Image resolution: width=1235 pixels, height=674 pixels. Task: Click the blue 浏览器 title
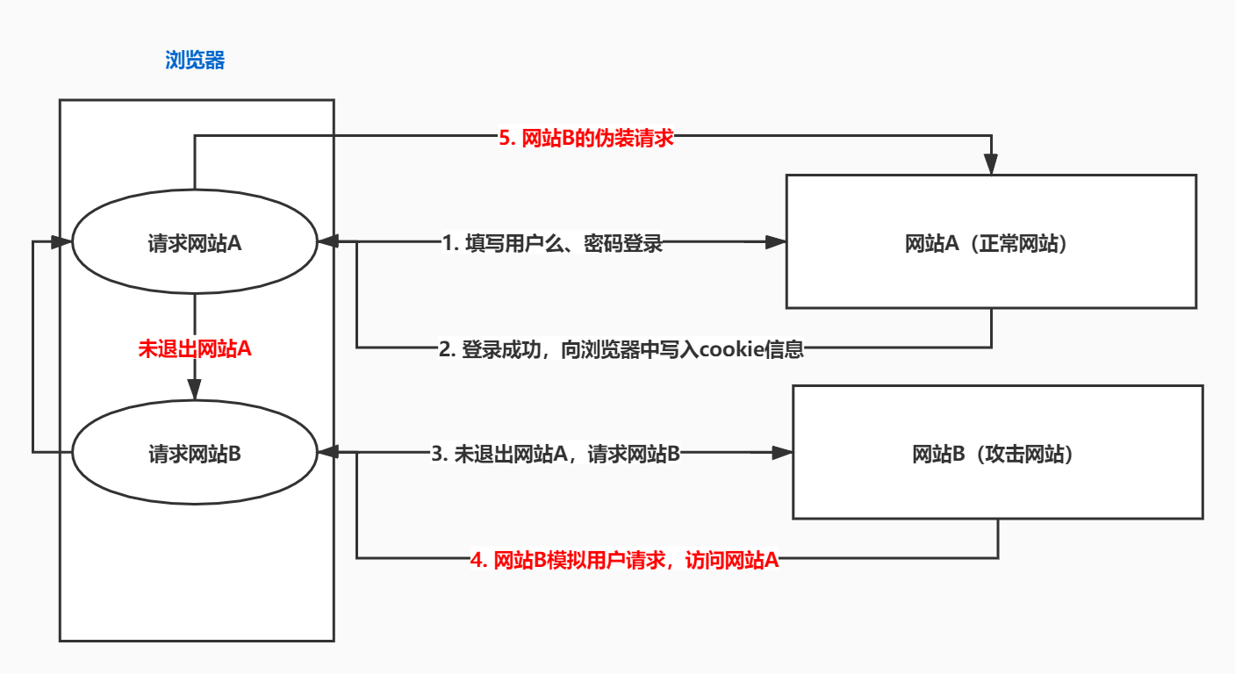[x=195, y=61]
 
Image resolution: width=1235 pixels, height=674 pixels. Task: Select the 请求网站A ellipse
[x=194, y=244]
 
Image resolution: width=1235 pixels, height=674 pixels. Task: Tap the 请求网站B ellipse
[x=194, y=454]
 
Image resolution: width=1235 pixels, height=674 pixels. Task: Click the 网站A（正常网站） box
[x=990, y=241]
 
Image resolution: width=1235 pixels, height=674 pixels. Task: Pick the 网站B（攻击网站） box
[x=997, y=452]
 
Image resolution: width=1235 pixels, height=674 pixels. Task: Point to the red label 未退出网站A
[x=195, y=348]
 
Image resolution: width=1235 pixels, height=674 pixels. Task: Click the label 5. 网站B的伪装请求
[x=585, y=137]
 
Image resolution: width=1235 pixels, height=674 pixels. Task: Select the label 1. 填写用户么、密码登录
[x=551, y=244]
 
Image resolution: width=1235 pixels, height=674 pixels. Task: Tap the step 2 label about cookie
[x=621, y=349]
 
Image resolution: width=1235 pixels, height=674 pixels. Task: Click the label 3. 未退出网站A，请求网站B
[x=556, y=454]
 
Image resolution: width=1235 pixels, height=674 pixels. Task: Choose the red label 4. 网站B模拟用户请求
[x=624, y=559]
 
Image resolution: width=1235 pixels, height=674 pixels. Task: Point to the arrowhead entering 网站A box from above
[x=991, y=165]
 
